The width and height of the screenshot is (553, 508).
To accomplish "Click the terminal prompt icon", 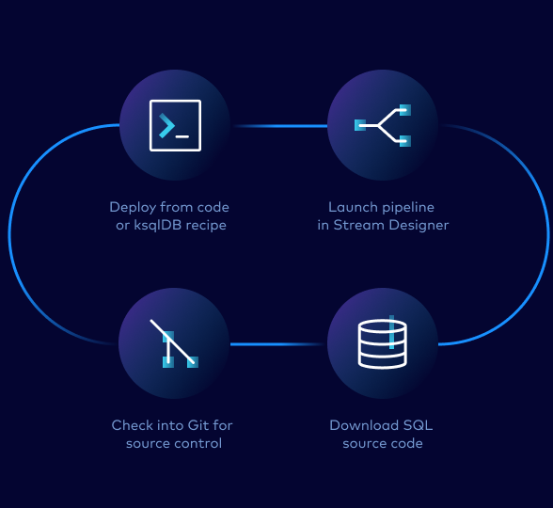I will pos(175,125).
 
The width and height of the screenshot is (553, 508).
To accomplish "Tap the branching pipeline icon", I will pos(382,125).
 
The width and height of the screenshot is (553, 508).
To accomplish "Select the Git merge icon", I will pos(175,343).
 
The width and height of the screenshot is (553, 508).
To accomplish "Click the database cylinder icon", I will pos(382,343).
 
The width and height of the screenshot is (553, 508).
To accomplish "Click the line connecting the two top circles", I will pos(278,125).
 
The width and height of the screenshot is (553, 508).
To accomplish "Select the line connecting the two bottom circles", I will pos(278,344).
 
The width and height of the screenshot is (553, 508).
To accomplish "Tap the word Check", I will pos(132,425).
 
